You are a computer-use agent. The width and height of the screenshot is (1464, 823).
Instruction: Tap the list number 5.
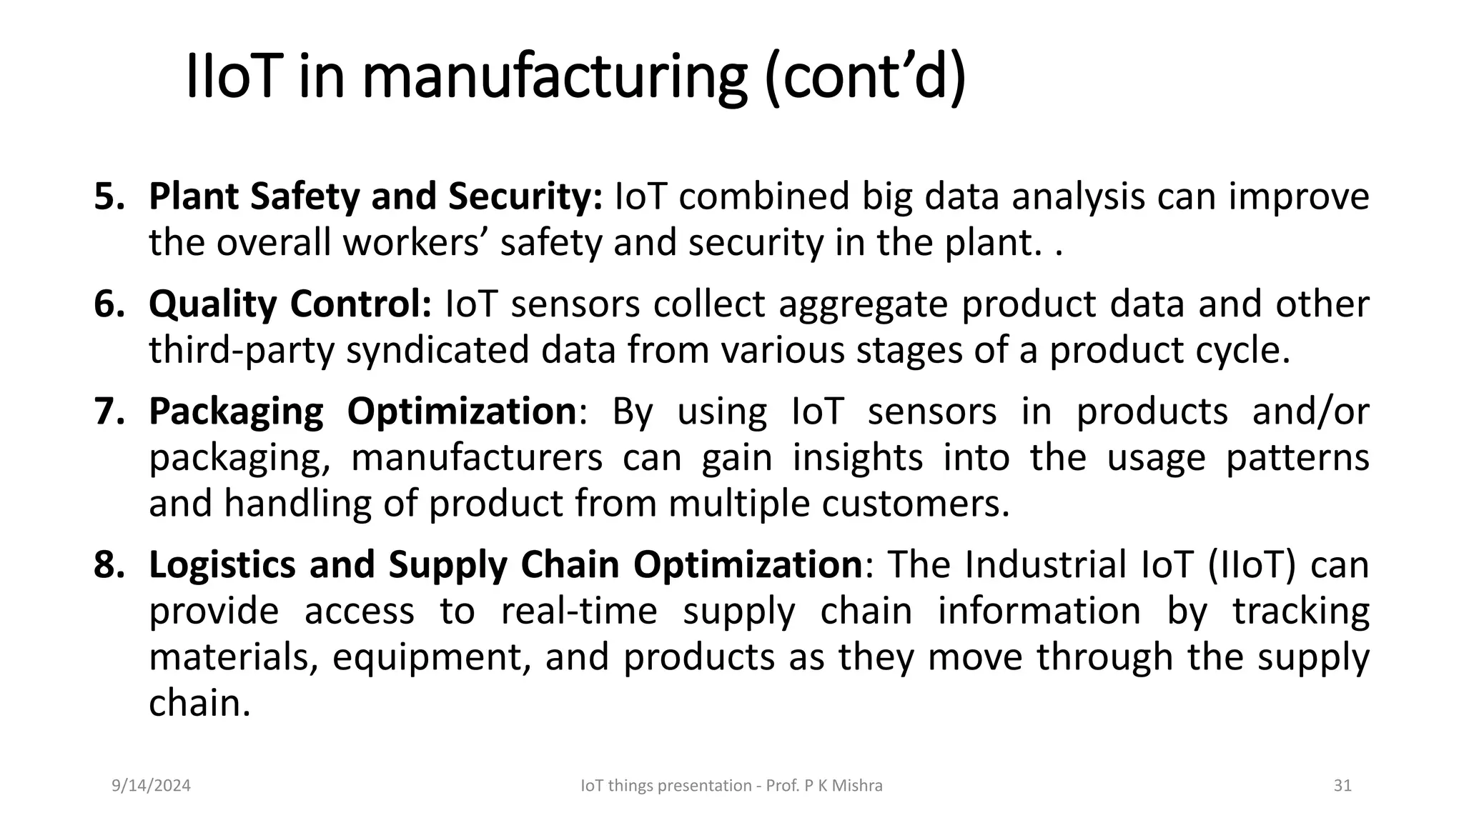point(109,196)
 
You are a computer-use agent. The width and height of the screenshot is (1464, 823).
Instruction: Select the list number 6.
point(109,304)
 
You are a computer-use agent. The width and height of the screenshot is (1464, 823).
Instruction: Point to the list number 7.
point(109,411)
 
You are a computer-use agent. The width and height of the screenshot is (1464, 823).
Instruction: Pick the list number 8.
point(109,564)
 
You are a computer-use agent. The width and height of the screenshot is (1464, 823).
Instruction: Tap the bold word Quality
point(212,305)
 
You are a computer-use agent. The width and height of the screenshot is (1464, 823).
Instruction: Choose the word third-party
point(241,351)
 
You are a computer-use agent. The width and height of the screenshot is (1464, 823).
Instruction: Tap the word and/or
point(1310,412)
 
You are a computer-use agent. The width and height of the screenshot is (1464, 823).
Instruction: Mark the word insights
point(858,458)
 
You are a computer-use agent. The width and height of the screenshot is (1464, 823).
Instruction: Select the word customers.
point(915,504)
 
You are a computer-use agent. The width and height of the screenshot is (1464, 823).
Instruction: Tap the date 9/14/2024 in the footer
point(151,786)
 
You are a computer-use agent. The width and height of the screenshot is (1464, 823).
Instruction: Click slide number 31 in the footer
point(1342,786)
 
